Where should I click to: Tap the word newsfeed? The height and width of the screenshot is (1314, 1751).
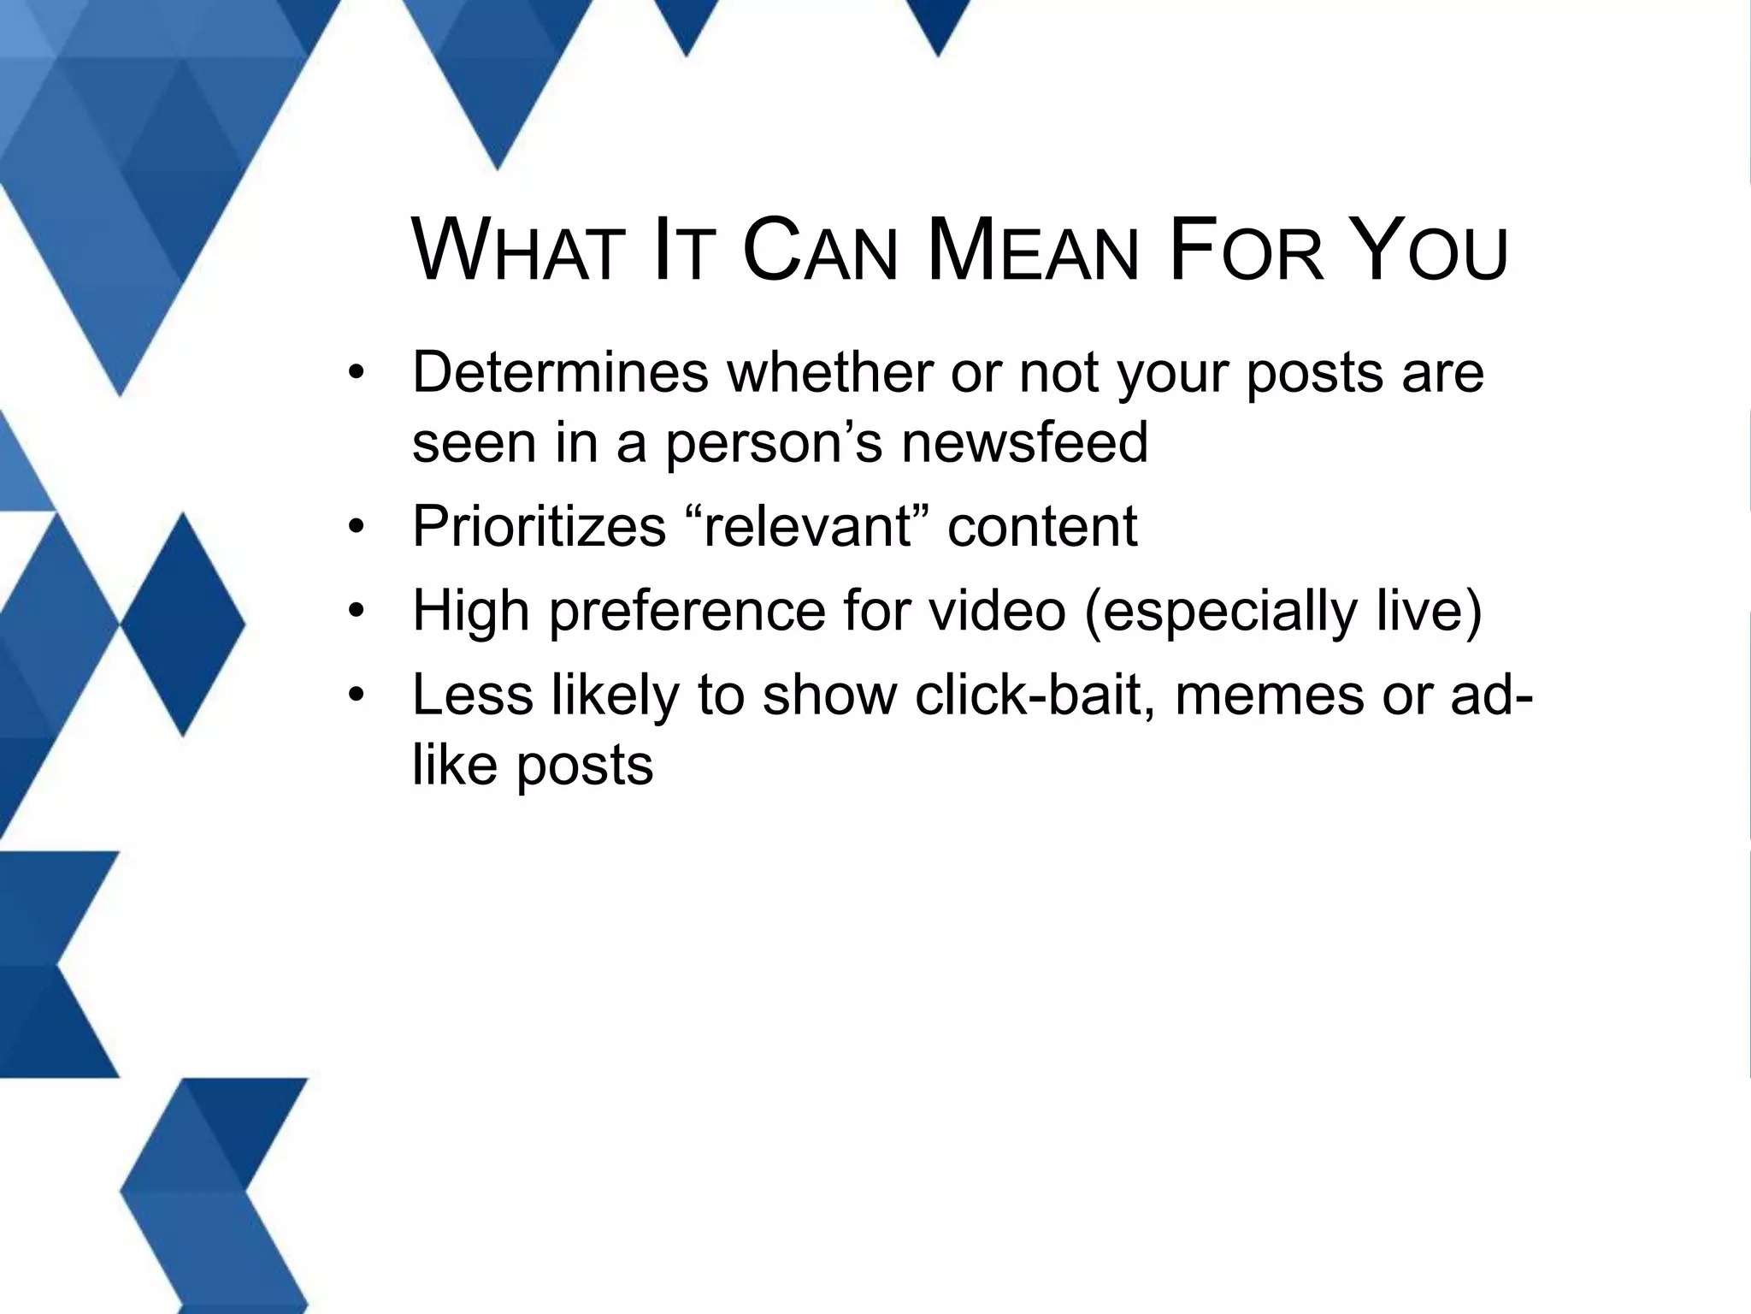coord(1025,442)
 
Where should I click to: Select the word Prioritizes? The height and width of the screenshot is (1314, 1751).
coord(539,526)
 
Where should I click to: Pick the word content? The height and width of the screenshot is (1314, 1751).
coord(1042,526)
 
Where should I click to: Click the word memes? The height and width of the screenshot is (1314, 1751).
coord(1270,695)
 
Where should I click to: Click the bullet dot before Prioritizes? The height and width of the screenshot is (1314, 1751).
coord(357,525)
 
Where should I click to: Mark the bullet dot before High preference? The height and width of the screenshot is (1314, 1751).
coord(357,611)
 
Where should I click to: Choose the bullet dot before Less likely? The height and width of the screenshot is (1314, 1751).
coord(357,694)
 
